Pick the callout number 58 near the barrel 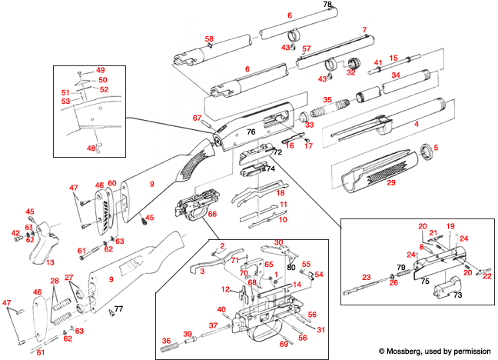click(209, 38)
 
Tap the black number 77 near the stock click(118, 309)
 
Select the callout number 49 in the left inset click(100, 70)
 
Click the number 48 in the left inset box click(91, 148)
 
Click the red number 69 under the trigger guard click(283, 344)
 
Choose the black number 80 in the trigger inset click(291, 267)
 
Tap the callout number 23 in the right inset click(366, 277)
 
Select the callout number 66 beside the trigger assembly click(212, 213)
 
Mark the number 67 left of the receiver click(197, 118)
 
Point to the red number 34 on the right click(397, 75)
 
